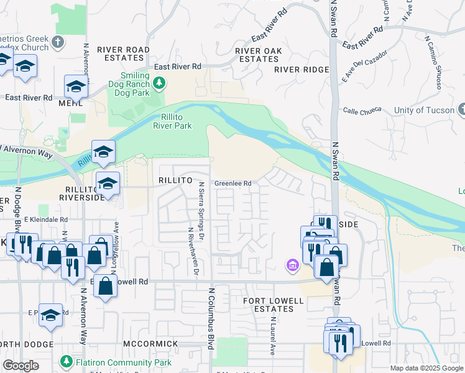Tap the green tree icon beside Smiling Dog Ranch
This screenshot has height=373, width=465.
pyautogui.click(x=160, y=82)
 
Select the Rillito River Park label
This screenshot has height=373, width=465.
pyautogui.click(x=172, y=121)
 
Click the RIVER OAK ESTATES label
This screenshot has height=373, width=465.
pyautogui.click(x=259, y=55)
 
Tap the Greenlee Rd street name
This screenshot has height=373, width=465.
pyautogui.click(x=233, y=183)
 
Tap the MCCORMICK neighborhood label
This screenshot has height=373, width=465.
pyautogui.click(x=152, y=344)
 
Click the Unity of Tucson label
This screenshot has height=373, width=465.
pyautogui.click(x=424, y=111)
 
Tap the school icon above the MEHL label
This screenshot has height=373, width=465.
pyautogui.click(x=75, y=88)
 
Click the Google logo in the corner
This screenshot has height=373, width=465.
pyautogui.click(x=21, y=366)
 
